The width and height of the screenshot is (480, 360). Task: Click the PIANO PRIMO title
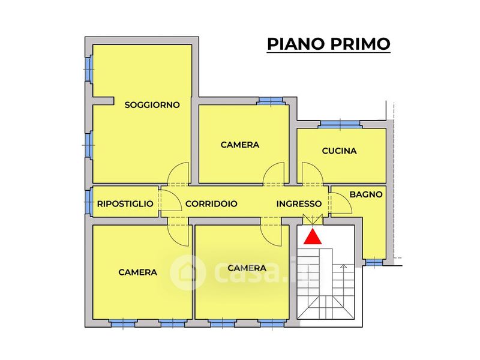coord(328,44)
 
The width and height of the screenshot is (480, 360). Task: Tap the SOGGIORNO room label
coord(152,105)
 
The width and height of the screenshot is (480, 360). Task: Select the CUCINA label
coord(339,151)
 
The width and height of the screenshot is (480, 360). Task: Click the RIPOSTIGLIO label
coord(125,204)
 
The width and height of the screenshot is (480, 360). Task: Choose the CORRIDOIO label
coord(211,204)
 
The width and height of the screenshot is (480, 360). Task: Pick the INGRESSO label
coord(299,204)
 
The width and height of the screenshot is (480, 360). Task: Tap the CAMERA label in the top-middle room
coord(240,145)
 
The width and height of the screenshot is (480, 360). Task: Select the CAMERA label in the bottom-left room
coord(138,272)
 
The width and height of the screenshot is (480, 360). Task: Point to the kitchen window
coord(340,124)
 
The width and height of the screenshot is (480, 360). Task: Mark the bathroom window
coord(373,262)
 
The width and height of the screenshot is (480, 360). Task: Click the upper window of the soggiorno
coord(89,69)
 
